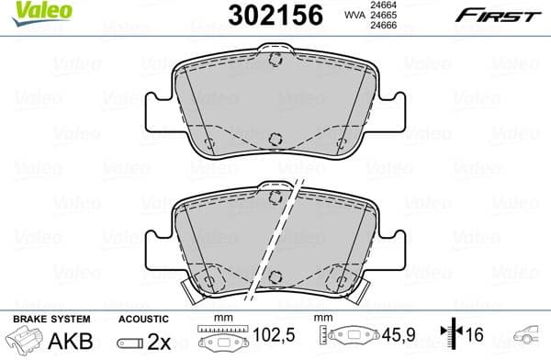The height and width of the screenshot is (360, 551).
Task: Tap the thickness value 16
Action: pyautogui.click(x=474, y=337)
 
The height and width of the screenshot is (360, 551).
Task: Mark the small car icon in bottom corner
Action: pyautogui.click(x=530, y=337)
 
